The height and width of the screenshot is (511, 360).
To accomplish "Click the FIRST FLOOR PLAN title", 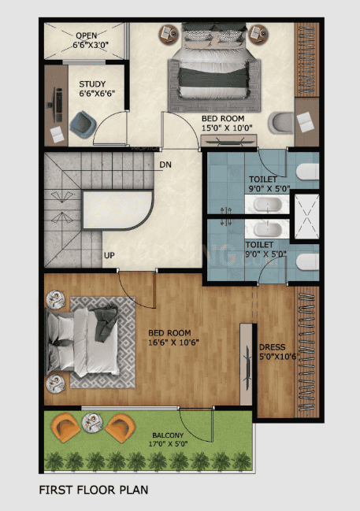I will [x=94, y=490].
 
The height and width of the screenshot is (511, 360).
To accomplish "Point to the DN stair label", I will [x=165, y=165].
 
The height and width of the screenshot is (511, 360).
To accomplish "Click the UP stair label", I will [x=109, y=255].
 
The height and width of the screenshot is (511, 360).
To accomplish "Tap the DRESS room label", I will [x=272, y=352].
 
